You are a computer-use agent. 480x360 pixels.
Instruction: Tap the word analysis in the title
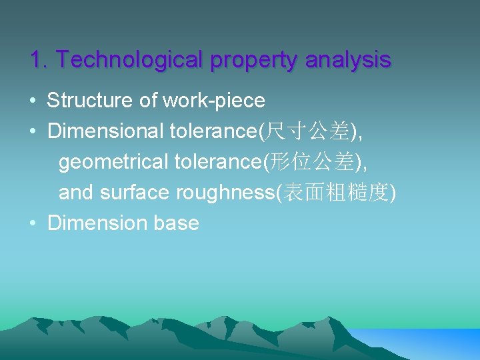coord(348,60)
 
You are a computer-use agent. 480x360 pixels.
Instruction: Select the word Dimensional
coord(105,131)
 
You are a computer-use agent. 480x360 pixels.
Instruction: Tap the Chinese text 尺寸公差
coord(308,132)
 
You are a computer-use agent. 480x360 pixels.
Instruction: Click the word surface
coord(135,193)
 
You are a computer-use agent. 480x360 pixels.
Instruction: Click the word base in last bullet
coord(176,223)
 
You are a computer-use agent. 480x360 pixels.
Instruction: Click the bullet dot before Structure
coord(33,101)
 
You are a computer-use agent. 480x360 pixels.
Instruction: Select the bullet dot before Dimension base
coord(33,223)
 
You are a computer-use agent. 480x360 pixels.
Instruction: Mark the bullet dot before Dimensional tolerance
coord(33,132)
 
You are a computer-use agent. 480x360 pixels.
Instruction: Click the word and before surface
coord(76,193)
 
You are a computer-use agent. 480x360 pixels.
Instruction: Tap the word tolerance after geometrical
coord(216,162)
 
